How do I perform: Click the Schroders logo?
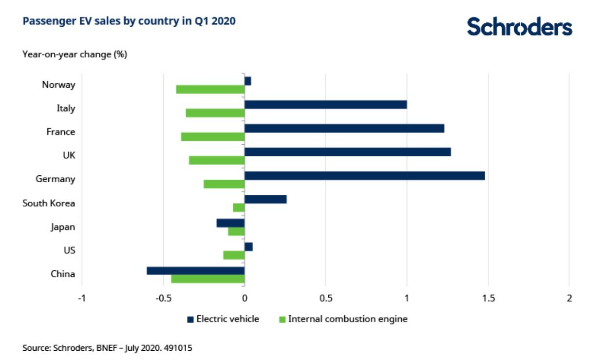[519, 27]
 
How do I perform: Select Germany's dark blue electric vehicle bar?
[364, 175]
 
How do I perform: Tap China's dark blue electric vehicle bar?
[195, 270]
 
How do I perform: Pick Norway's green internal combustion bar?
[210, 89]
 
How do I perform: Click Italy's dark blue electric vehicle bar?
[325, 104]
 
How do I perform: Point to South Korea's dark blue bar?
[265, 199]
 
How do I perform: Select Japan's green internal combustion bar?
[236, 231]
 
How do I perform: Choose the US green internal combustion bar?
[234, 255]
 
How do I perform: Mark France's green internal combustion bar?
[212, 137]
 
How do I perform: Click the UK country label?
[69, 155]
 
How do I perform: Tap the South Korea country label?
[49, 203]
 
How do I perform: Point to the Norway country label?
[58, 85]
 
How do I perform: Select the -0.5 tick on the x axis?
[163, 298]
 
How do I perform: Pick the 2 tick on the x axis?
[569, 298]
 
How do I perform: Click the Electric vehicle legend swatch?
[190, 320]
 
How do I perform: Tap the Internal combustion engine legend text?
[348, 319]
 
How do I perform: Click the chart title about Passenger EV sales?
[129, 21]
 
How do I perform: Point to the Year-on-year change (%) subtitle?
[75, 55]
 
